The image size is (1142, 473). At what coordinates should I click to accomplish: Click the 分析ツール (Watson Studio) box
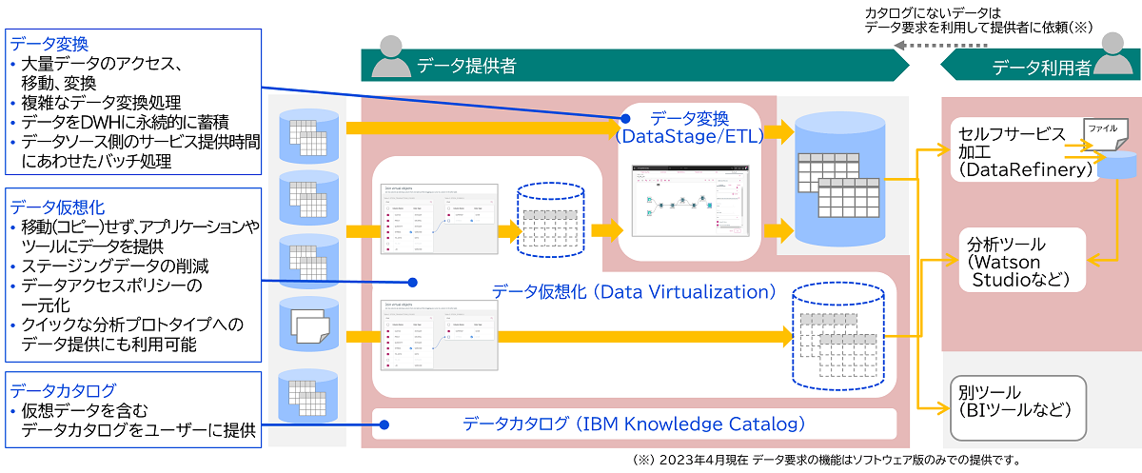[x=1018, y=260]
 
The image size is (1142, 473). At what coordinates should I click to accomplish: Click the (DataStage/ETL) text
[x=690, y=137]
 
